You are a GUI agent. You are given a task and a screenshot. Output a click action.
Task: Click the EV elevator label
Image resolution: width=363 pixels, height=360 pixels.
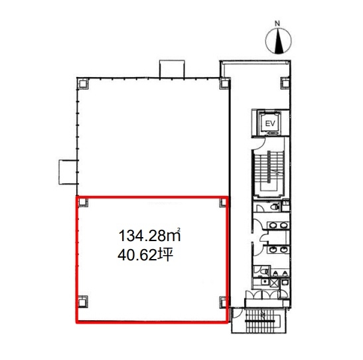269,124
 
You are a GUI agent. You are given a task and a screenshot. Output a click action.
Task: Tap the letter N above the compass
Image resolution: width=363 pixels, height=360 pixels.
277,23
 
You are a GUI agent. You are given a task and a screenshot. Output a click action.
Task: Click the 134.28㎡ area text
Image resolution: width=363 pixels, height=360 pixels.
149,235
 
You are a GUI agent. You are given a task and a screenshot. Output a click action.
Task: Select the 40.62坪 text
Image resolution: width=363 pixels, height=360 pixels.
145,256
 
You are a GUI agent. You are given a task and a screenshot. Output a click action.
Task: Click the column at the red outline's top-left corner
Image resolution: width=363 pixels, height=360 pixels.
83,202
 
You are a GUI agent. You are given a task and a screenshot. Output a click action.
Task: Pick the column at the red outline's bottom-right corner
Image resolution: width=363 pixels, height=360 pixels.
223,302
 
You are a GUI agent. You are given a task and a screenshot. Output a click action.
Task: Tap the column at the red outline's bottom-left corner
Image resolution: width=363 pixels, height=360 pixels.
83,302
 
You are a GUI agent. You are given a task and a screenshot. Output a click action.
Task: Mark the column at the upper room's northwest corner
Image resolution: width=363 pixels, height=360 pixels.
83,84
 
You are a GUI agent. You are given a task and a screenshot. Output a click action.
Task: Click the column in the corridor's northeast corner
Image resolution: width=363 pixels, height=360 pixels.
285,83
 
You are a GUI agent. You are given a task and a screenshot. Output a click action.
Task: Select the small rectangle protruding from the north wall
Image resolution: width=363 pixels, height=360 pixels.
172,69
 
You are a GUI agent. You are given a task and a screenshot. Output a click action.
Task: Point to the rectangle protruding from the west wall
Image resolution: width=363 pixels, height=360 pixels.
68,172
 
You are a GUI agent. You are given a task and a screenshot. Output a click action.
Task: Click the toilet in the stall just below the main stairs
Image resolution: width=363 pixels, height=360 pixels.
275,207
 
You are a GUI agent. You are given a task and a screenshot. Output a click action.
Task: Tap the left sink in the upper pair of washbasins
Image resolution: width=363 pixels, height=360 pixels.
273,225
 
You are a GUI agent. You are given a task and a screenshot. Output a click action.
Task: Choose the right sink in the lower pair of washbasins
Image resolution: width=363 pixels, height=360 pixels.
283,250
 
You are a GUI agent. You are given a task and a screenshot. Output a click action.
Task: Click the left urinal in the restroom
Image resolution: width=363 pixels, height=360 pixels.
275,274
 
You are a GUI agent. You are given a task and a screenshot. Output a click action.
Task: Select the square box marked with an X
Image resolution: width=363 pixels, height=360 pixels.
275,283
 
